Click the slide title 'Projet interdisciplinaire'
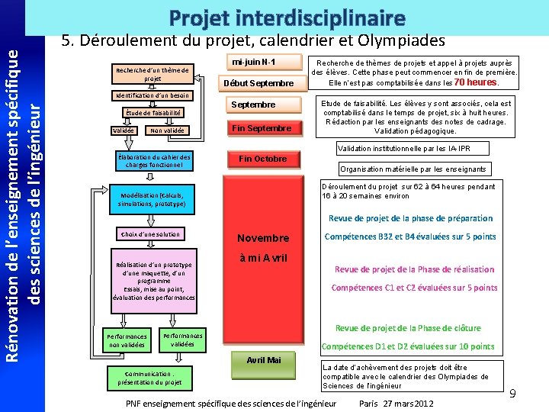coord(286,17)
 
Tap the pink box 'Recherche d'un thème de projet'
coord(152,74)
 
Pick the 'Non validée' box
coord(167,130)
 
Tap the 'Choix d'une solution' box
coord(150,234)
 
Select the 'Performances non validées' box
coord(127,340)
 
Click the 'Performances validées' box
coord(182,340)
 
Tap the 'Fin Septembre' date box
coord(262,128)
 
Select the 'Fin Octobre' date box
coord(262,159)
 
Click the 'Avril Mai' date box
coord(263,360)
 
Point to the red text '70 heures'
coord(476,82)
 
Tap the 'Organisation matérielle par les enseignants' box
coord(413,169)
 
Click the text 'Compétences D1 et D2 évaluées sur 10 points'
coord(408,346)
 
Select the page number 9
coord(512,394)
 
